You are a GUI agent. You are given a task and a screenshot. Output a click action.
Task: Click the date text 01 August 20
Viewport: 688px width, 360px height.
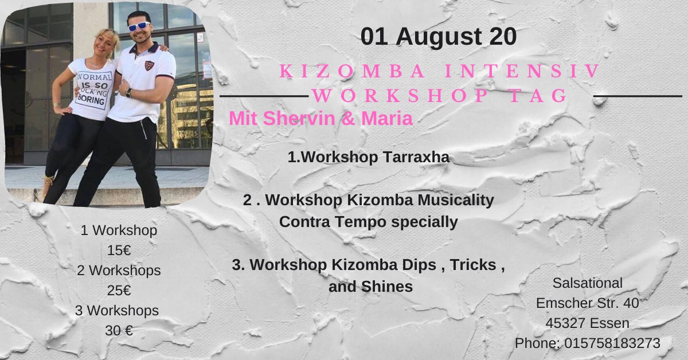point(438,37)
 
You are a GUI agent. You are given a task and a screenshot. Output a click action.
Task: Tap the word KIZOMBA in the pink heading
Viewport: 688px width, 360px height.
point(353,71)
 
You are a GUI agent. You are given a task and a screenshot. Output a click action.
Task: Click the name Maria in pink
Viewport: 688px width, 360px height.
point(387,118)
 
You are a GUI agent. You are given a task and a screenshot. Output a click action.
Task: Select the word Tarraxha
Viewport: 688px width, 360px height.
point(416,157)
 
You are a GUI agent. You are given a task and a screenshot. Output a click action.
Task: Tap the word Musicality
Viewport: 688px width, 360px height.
point(456,200)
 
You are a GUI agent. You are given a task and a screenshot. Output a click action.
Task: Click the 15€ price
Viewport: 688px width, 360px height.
point(119,251)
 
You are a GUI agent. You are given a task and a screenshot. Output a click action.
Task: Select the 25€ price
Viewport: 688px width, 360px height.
point(119,290)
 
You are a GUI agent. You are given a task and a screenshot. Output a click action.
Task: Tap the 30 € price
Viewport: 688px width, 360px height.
point(119,331)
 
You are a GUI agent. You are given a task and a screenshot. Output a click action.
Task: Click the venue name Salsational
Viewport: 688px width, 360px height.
point(588,283)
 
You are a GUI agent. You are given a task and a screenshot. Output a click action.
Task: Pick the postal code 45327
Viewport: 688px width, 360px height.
point(565,323)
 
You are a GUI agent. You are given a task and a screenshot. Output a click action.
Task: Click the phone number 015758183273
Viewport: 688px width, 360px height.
point(612,343)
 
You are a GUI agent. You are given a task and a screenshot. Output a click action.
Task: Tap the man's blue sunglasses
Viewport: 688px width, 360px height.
point(139,26)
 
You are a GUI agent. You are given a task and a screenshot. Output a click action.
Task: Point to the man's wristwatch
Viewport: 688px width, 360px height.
point(128,93)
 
